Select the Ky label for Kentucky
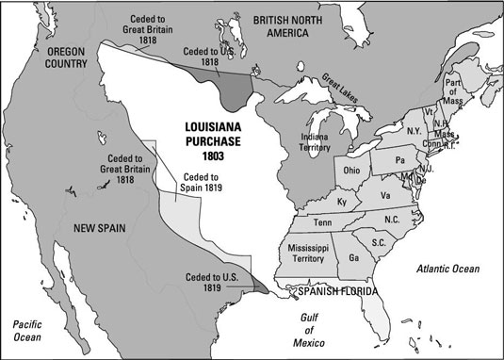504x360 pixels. pos(342,202)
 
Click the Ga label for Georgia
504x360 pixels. pos(353,257)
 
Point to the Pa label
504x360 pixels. pos(399,160)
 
